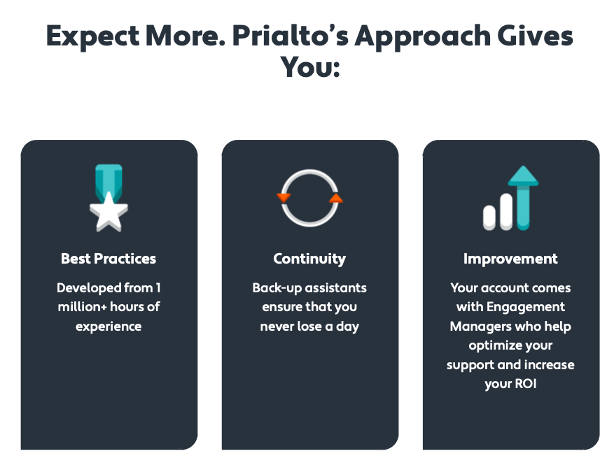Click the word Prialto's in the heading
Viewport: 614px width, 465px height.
(x=290, y=36)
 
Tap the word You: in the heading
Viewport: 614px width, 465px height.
(x=310, y=67)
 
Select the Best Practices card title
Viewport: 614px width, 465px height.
(x=109, y=259)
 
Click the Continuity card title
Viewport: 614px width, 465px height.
(x=309, y=259)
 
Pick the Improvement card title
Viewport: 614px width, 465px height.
(x=510, y=259)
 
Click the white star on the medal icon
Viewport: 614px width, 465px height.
(x=109, y=212)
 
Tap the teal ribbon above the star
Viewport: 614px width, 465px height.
(x=109, y=180)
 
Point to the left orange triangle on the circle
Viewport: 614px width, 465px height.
(x=284, y=197)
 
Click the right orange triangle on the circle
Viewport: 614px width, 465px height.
(x=336, y=199)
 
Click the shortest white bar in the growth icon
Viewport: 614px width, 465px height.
(x=489, y=218)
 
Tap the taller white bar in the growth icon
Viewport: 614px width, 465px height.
(x=506, y=212)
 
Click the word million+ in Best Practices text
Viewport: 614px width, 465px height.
(x=82, y=307)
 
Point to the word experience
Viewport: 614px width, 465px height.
(x=109, y=327)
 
